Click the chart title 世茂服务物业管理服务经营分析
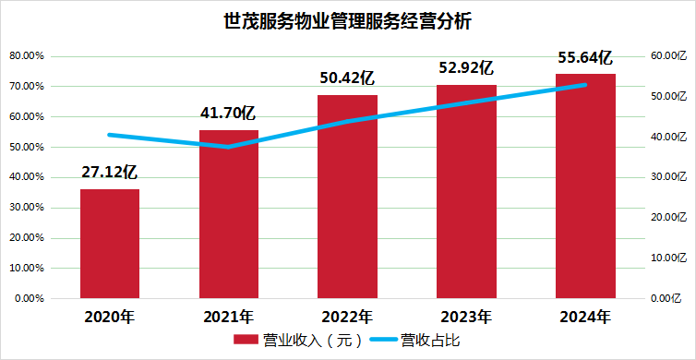(x=348, y=19)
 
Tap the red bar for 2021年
(x=229, y=214)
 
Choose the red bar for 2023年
(x=466, y=191)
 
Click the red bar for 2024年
(x=585, y=186)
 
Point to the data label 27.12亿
(x=110, y=172)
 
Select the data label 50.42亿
(x=347, y=78)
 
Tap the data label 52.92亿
(x=466, y=67)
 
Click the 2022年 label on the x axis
(x=347, y=317)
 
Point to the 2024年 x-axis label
(x=585, y=317)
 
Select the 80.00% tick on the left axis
(x=27, y=56)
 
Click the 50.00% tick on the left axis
(x=27, y=148)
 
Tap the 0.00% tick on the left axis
(x=30, y=299)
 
